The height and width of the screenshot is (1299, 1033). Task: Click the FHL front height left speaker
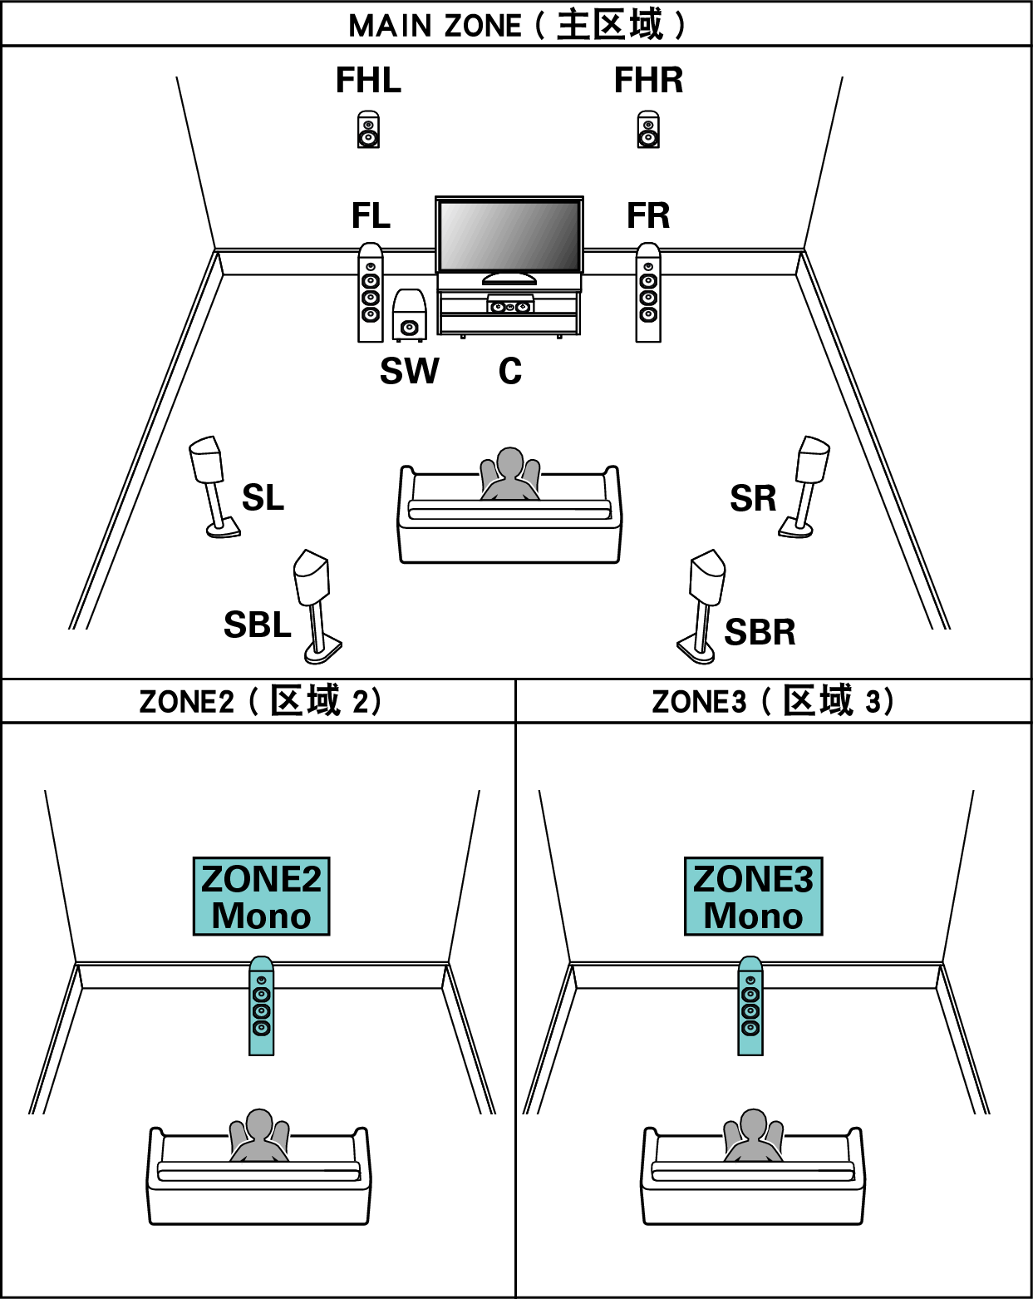368,130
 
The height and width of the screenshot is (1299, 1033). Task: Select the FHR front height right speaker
648,130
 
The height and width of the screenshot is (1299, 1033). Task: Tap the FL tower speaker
371,293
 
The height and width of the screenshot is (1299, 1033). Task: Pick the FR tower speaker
648,293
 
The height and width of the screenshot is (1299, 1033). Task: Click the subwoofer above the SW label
408,315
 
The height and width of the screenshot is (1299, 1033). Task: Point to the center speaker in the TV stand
509,306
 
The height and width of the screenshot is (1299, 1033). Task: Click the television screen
509,235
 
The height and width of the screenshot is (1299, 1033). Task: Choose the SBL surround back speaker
315,603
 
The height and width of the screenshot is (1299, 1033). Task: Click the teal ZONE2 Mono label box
261,896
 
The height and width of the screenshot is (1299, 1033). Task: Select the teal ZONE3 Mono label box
753,896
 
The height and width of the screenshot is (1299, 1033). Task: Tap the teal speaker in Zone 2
262,1006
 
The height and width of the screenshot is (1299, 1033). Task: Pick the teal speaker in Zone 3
750,1006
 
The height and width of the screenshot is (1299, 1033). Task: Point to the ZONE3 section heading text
772,701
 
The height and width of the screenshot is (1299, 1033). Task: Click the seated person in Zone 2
259,1137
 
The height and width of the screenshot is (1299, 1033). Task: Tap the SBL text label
258,625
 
